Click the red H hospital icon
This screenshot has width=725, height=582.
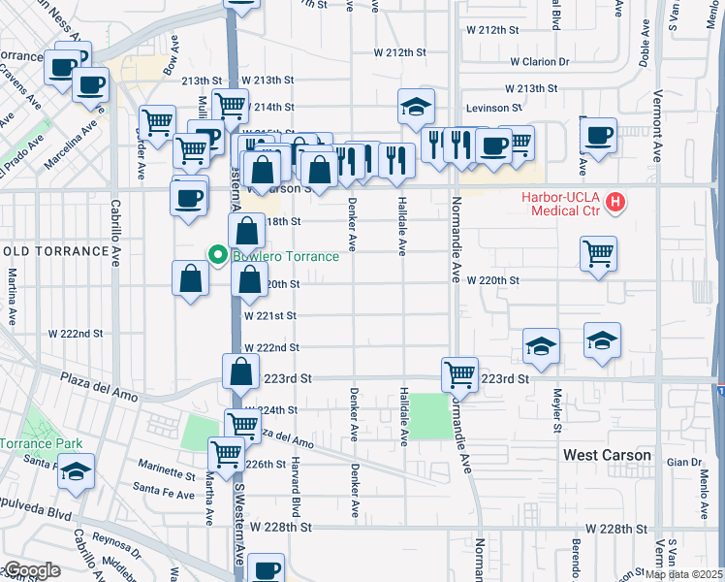click(x=615, y=204)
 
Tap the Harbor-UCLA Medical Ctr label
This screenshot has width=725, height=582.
click(x=560, y=204)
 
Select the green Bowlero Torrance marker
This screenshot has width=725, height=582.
click(x=218, y=256)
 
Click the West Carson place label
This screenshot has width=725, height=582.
click(x=607, y=455)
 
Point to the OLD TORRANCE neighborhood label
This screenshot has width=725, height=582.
click(x=55, y=251)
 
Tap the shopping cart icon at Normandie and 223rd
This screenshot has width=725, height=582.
click(x=459, y=373)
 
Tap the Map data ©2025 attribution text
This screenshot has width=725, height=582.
click(x=683, y=574)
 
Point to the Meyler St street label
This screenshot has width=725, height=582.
click(x=556, y=411)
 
